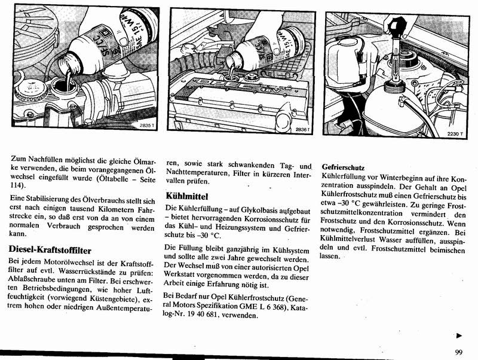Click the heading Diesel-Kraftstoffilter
[x=50, y=248]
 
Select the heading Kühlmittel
[x=187, y=196]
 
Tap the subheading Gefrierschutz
[x=343, y=168]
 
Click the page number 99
[x=458, y=352]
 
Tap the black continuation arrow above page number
[x=459, y=336]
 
